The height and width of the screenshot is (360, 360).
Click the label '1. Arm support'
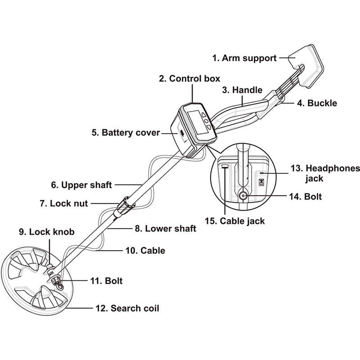coord(244,58)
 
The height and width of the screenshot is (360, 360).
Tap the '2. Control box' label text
coord(189,78)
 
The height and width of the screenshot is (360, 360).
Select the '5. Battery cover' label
coord(126,133)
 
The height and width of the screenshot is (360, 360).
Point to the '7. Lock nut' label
coord(64,203)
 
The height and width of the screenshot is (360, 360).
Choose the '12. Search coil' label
coord(127,308)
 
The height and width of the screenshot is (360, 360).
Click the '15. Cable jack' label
coord(234,221)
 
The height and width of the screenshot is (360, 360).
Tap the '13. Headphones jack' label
coord(325,173)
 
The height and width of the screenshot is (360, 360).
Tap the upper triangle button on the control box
coord(204,114)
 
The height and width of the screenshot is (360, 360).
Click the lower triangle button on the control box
coord(209,127)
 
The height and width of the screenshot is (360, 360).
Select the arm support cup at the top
coord(306,66)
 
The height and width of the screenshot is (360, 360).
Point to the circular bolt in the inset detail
coord(243,196)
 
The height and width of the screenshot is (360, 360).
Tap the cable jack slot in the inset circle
coord(225,166)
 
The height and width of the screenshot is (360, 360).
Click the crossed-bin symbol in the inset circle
coord(261,183)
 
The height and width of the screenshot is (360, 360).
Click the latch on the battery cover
coord(182,133)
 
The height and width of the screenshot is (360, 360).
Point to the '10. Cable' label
coord(145,251)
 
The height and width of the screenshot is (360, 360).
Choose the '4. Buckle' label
coord(317,103)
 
